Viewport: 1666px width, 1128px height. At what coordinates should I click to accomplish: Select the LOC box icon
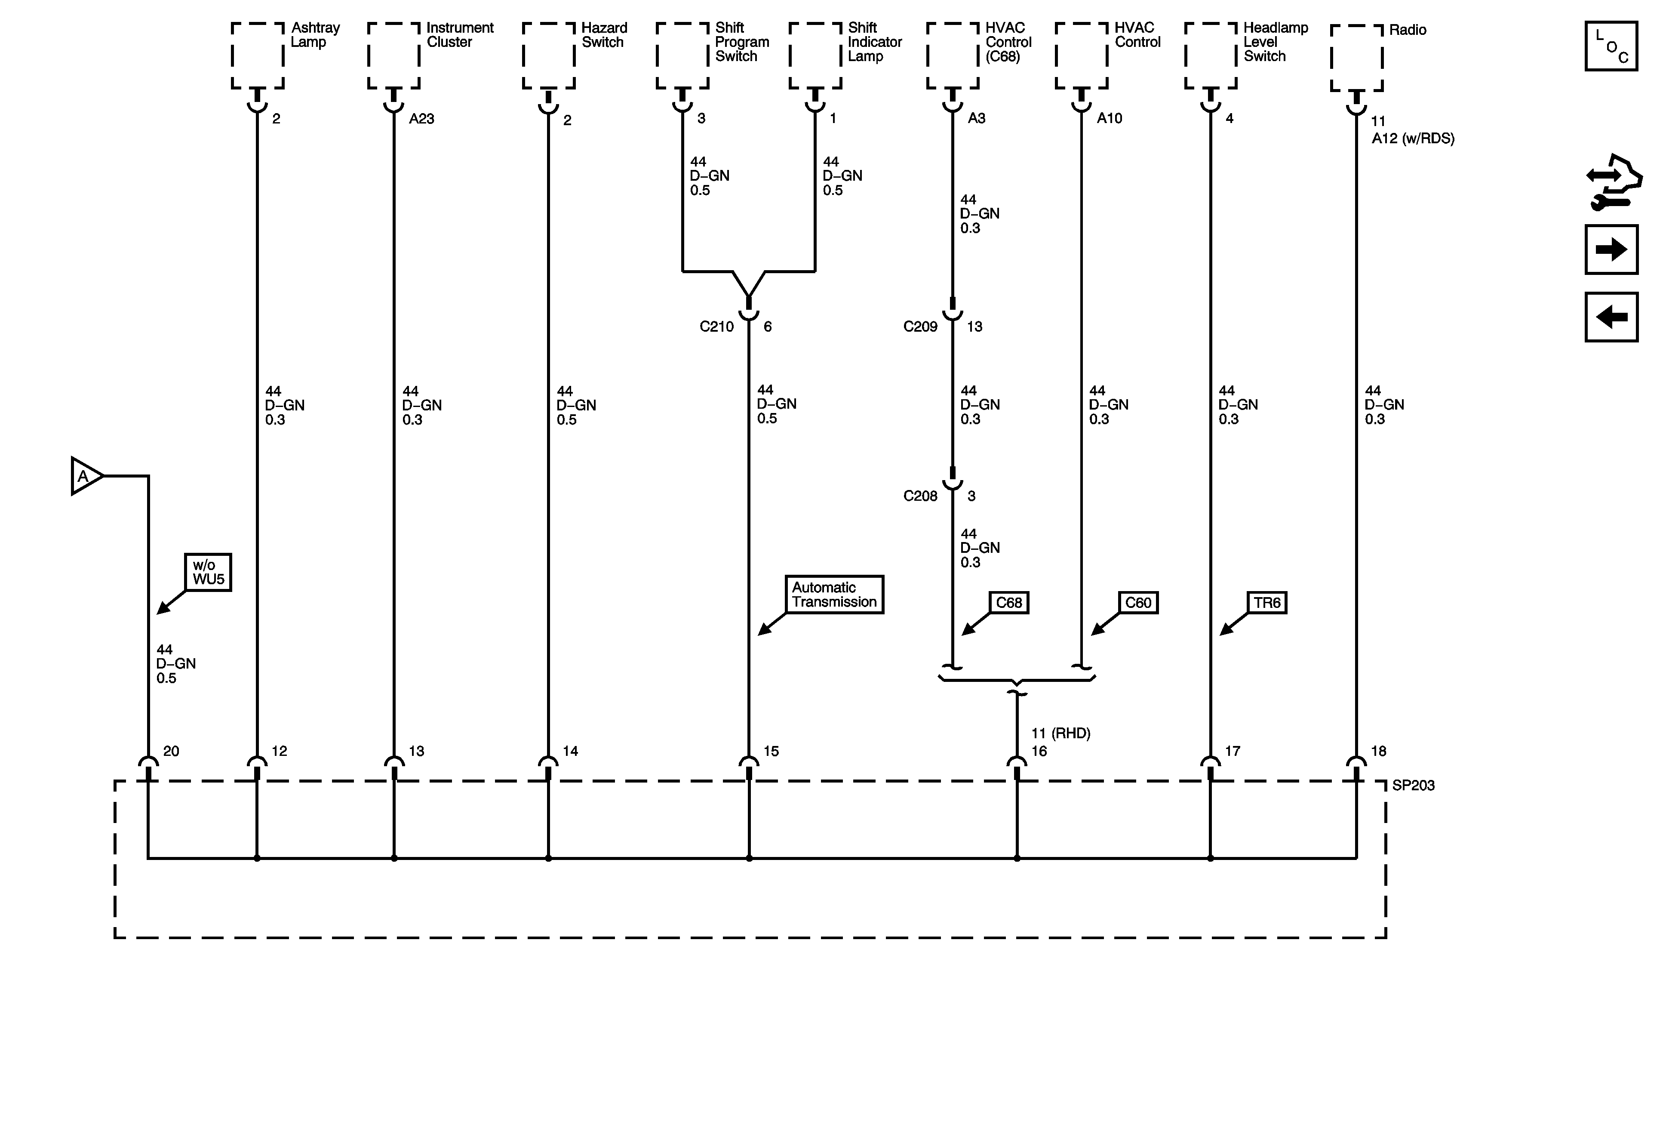[1611, 46]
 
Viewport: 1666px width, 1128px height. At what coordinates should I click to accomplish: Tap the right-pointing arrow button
[1611, 250]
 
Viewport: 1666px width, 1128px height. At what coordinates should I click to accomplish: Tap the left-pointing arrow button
[1611, 317]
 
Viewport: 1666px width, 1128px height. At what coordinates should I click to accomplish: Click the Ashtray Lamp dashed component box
[257, 55]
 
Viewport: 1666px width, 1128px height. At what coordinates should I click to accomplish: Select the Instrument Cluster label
[460, 34]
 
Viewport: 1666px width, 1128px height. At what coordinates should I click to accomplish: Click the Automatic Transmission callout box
[834, 595]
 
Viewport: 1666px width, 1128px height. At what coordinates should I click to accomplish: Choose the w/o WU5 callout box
[208, 572]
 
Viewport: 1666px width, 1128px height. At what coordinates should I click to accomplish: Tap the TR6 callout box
[1267, 602]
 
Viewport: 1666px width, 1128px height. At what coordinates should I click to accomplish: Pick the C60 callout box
[1137, 602]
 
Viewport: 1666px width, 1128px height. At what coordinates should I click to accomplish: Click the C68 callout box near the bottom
[1008, 602]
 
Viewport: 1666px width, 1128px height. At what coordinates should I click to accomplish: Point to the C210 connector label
[716, 327]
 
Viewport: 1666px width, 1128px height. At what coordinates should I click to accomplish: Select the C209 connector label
[920, 327]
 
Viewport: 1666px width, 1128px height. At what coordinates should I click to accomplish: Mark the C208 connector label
[920, 496]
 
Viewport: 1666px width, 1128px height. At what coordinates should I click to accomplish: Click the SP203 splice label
[1413, 785]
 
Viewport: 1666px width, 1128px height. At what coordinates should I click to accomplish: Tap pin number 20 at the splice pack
[171, 751]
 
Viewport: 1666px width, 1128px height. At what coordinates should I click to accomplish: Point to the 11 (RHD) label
[1060, 733]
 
